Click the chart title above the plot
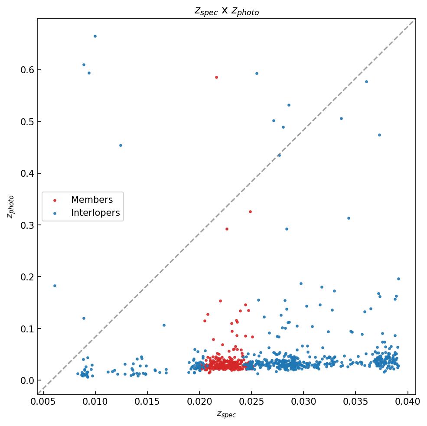(x=226, y=11)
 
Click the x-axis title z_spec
(x=226, y=414)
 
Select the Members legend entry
(x=91, y=200)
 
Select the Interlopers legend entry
(x=95, y=213)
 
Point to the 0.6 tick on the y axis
(x=27, y=70)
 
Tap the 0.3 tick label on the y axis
(x=27, y=225)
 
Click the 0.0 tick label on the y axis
(x=27, y=380)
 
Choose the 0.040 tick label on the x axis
(x=407, y=402)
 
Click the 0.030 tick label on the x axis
(x=303, y=402)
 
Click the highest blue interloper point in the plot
(x=95, y=36)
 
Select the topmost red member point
(x=216, y=77)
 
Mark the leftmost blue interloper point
(x=55, y=286)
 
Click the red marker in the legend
(x=55, y=200)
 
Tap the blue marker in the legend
(x=55, y=213)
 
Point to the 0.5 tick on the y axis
(x=27, y=121)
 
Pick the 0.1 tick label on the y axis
(x=27, y=329)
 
